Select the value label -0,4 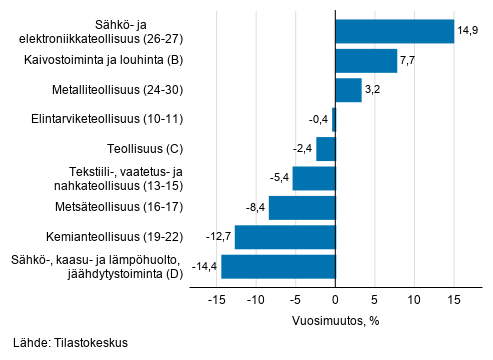point(319,120)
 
